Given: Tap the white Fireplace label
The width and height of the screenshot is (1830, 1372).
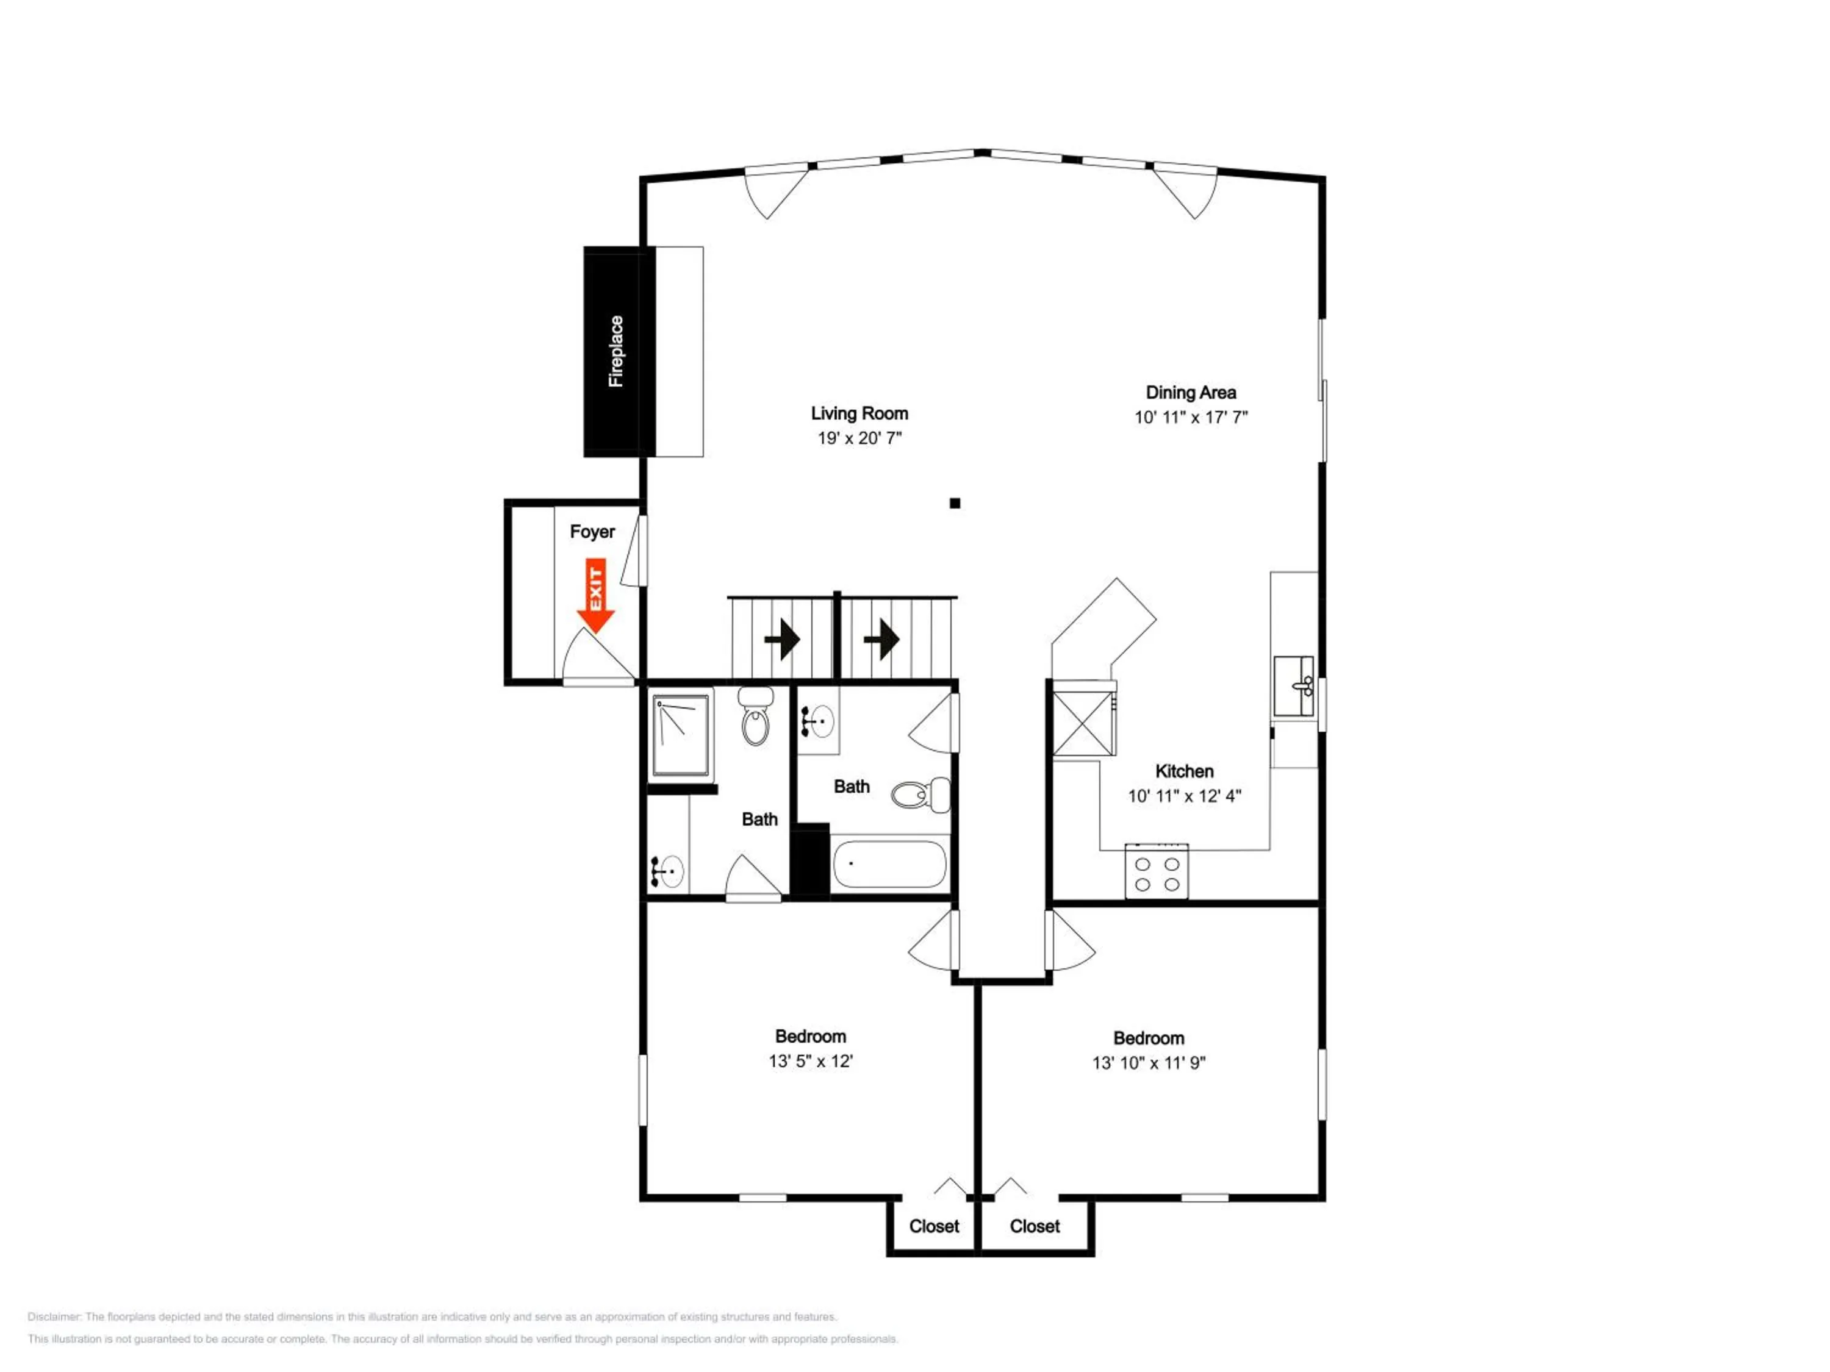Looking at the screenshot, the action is (x=615, y=351).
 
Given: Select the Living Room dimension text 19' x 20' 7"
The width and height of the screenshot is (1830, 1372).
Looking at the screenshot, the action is (x=859, y=438).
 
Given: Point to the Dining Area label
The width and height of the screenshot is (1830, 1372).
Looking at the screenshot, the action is (x=1191, y=393).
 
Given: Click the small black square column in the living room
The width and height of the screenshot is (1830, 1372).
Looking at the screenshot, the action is (x=955, y=503).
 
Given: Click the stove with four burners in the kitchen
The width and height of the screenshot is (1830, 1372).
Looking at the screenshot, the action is (x=1157, y=871).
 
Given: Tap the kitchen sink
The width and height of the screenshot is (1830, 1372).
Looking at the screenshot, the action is (x=1293, y=685).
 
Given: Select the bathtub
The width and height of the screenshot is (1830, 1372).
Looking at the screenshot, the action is (x=889, y=864).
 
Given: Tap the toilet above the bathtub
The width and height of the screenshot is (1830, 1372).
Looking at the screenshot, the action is (x=920, y=795).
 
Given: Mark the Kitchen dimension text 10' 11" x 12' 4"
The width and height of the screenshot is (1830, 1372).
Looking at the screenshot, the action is (x=1185, y=796).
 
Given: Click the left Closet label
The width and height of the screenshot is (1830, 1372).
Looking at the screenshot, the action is (x=934, y=1226).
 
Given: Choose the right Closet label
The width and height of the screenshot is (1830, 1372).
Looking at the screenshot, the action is (x=1034, y=1226).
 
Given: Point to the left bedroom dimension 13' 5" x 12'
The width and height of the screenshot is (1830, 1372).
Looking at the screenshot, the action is (x=811, y=1061).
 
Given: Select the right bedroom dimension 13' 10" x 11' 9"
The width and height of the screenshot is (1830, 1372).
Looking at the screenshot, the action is (x=1149, y=1063).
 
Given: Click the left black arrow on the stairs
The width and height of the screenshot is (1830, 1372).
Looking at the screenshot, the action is (x=782, y=639).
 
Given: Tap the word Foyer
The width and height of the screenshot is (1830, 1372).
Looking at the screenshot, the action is (x=592, y=532).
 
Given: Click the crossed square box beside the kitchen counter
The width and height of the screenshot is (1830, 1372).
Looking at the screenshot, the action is (x=1083, y=724).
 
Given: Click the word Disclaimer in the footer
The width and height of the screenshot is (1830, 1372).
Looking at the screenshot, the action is (x=54, y=1317).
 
